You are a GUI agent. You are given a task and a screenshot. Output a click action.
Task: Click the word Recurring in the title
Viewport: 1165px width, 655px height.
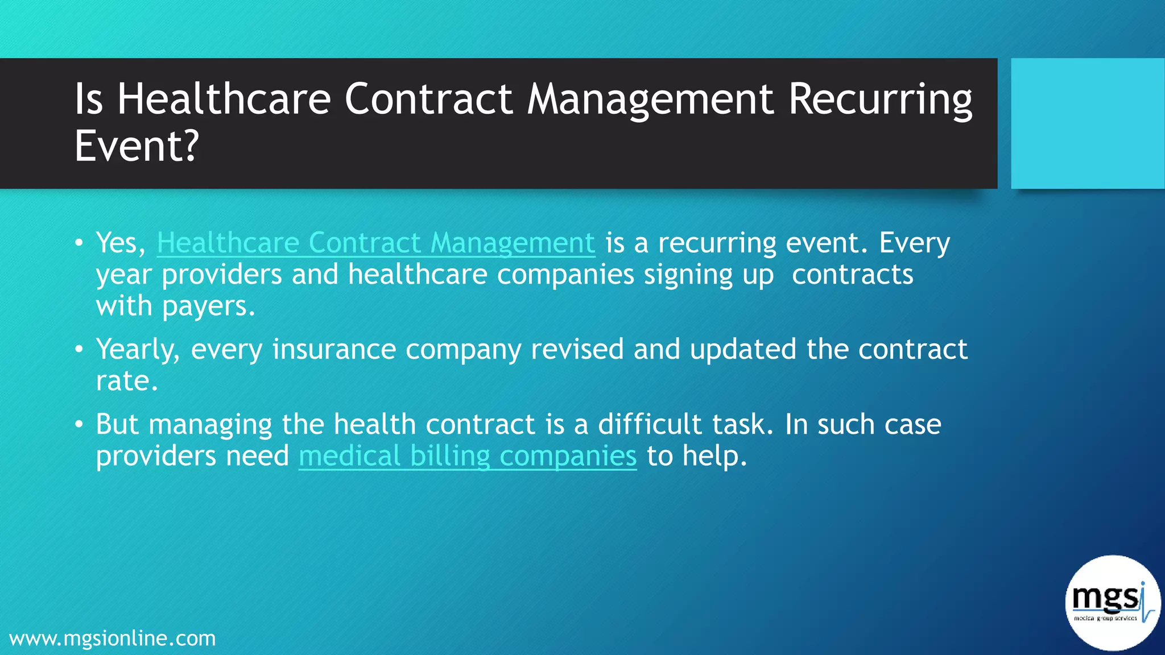[879, 100]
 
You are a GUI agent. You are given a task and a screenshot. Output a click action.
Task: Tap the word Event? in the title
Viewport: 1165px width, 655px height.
[137, 147]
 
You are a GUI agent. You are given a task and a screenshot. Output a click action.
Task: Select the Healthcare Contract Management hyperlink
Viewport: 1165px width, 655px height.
[375, 243]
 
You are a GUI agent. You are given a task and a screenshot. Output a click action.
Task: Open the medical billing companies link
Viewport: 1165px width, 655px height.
[467, 457]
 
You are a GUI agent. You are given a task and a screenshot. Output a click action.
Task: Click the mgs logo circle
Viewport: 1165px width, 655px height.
[1112, 603]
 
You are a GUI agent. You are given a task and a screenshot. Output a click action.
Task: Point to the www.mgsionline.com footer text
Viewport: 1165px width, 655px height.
[113, 639]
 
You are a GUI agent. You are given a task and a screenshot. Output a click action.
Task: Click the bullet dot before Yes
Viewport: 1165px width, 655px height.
[79, 244]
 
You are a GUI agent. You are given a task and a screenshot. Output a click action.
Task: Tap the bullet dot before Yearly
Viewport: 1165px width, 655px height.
[79, 350]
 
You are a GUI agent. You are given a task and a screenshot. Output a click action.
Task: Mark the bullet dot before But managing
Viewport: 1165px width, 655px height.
[79, 425]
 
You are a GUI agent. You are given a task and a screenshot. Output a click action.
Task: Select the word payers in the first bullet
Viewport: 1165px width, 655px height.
[208, 307]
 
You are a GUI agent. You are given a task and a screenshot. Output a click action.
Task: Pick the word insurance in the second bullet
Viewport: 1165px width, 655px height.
[334, 349]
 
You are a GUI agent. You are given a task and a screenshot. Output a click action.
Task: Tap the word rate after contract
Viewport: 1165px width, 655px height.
[126, 381]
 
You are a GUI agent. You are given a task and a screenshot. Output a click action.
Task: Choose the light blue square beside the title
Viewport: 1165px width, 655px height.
[1087, 123]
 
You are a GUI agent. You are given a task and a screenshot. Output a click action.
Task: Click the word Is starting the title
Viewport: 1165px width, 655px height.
[89, 100]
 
